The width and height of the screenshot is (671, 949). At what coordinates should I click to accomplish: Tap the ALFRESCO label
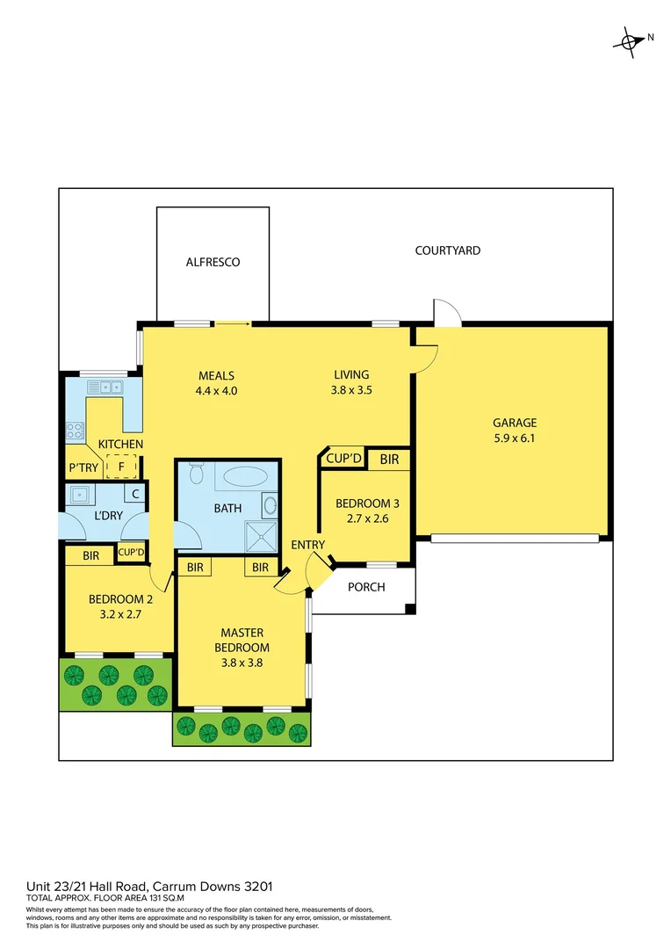(213, 262)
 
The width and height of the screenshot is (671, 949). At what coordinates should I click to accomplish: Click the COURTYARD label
(447, 250)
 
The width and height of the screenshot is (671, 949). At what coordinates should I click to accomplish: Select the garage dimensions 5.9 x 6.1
(514, 438)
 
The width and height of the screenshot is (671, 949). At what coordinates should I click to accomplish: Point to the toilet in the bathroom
(196, 475)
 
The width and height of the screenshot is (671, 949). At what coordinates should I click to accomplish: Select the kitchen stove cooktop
(75, 431)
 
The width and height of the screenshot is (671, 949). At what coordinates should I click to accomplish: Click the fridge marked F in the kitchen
(121, 467)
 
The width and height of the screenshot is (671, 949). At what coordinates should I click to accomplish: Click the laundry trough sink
(79, 494)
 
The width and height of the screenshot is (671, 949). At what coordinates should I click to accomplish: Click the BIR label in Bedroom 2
(90, 555)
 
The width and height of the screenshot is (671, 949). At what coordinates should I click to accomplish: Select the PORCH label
(366, 587)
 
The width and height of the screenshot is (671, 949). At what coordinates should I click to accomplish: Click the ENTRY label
(308, 545)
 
